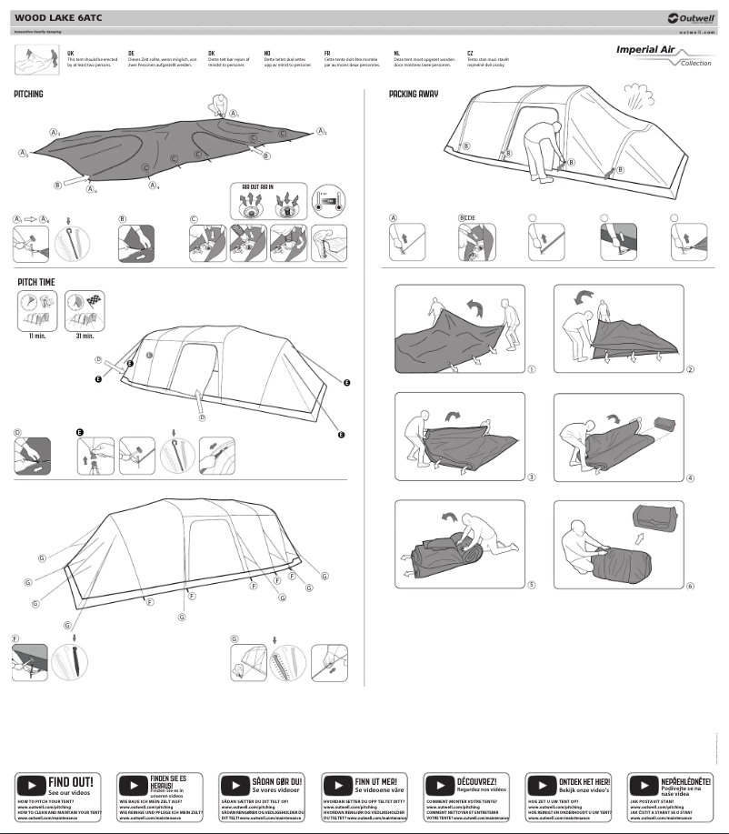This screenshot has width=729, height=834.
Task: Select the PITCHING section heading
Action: click(x=28, y=95)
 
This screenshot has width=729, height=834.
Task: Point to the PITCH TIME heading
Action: click(x=35, y=283)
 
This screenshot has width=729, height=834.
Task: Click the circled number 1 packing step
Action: click(x=531, y=370)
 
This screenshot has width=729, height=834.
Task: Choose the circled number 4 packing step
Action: click(x=690, y=477)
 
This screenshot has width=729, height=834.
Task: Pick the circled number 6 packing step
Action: click(x=690, y=585)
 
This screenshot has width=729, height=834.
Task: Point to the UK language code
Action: click(x=71, y=54)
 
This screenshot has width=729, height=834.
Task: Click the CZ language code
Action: click(x=470, y=54)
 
